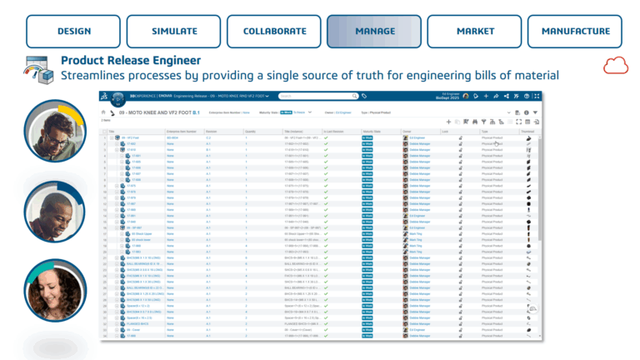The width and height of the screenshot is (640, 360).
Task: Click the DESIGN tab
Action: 74,32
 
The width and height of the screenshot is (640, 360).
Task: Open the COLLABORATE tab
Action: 275,32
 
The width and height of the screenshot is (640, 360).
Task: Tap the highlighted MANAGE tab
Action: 375,32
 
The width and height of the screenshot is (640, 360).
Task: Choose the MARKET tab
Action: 475,32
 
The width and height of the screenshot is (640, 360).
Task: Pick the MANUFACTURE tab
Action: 576,32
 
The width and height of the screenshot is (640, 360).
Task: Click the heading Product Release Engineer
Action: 131,60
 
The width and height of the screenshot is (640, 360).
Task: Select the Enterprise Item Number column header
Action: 181,131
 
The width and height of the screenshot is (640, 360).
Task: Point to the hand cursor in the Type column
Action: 497,143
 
